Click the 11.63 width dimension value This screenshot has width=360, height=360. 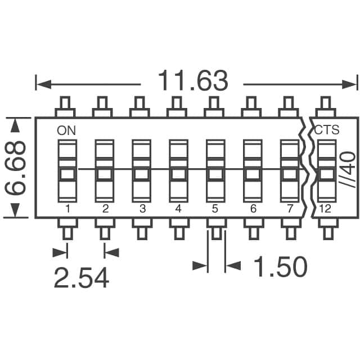[193, 80]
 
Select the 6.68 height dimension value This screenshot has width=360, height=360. [15, 168]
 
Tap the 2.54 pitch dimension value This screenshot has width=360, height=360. [82, 277]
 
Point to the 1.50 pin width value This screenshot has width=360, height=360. [280, 266]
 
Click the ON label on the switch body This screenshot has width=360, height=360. [66, 131]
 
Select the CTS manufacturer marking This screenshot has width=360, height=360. [326, 130]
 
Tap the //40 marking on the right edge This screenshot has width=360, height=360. [348, 169]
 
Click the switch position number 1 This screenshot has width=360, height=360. [67, 209]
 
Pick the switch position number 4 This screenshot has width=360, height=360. [178, 209]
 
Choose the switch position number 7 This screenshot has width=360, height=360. [290, 209]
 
